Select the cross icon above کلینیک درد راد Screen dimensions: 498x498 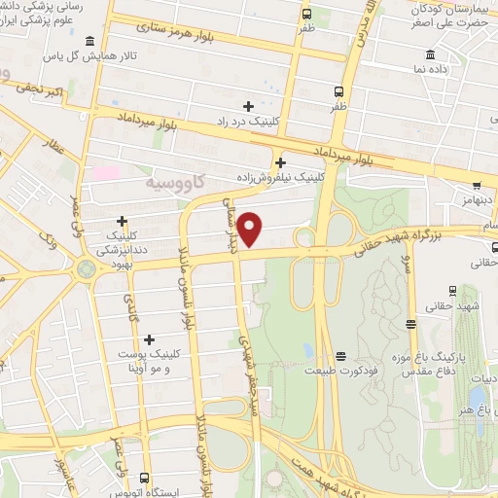[249, 106]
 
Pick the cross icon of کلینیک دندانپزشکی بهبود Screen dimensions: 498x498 [122, 221]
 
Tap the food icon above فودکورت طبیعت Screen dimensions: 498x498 [339, 356]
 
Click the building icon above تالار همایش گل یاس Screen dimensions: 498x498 [90, 41]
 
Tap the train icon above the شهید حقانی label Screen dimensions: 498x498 [452, 290]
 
